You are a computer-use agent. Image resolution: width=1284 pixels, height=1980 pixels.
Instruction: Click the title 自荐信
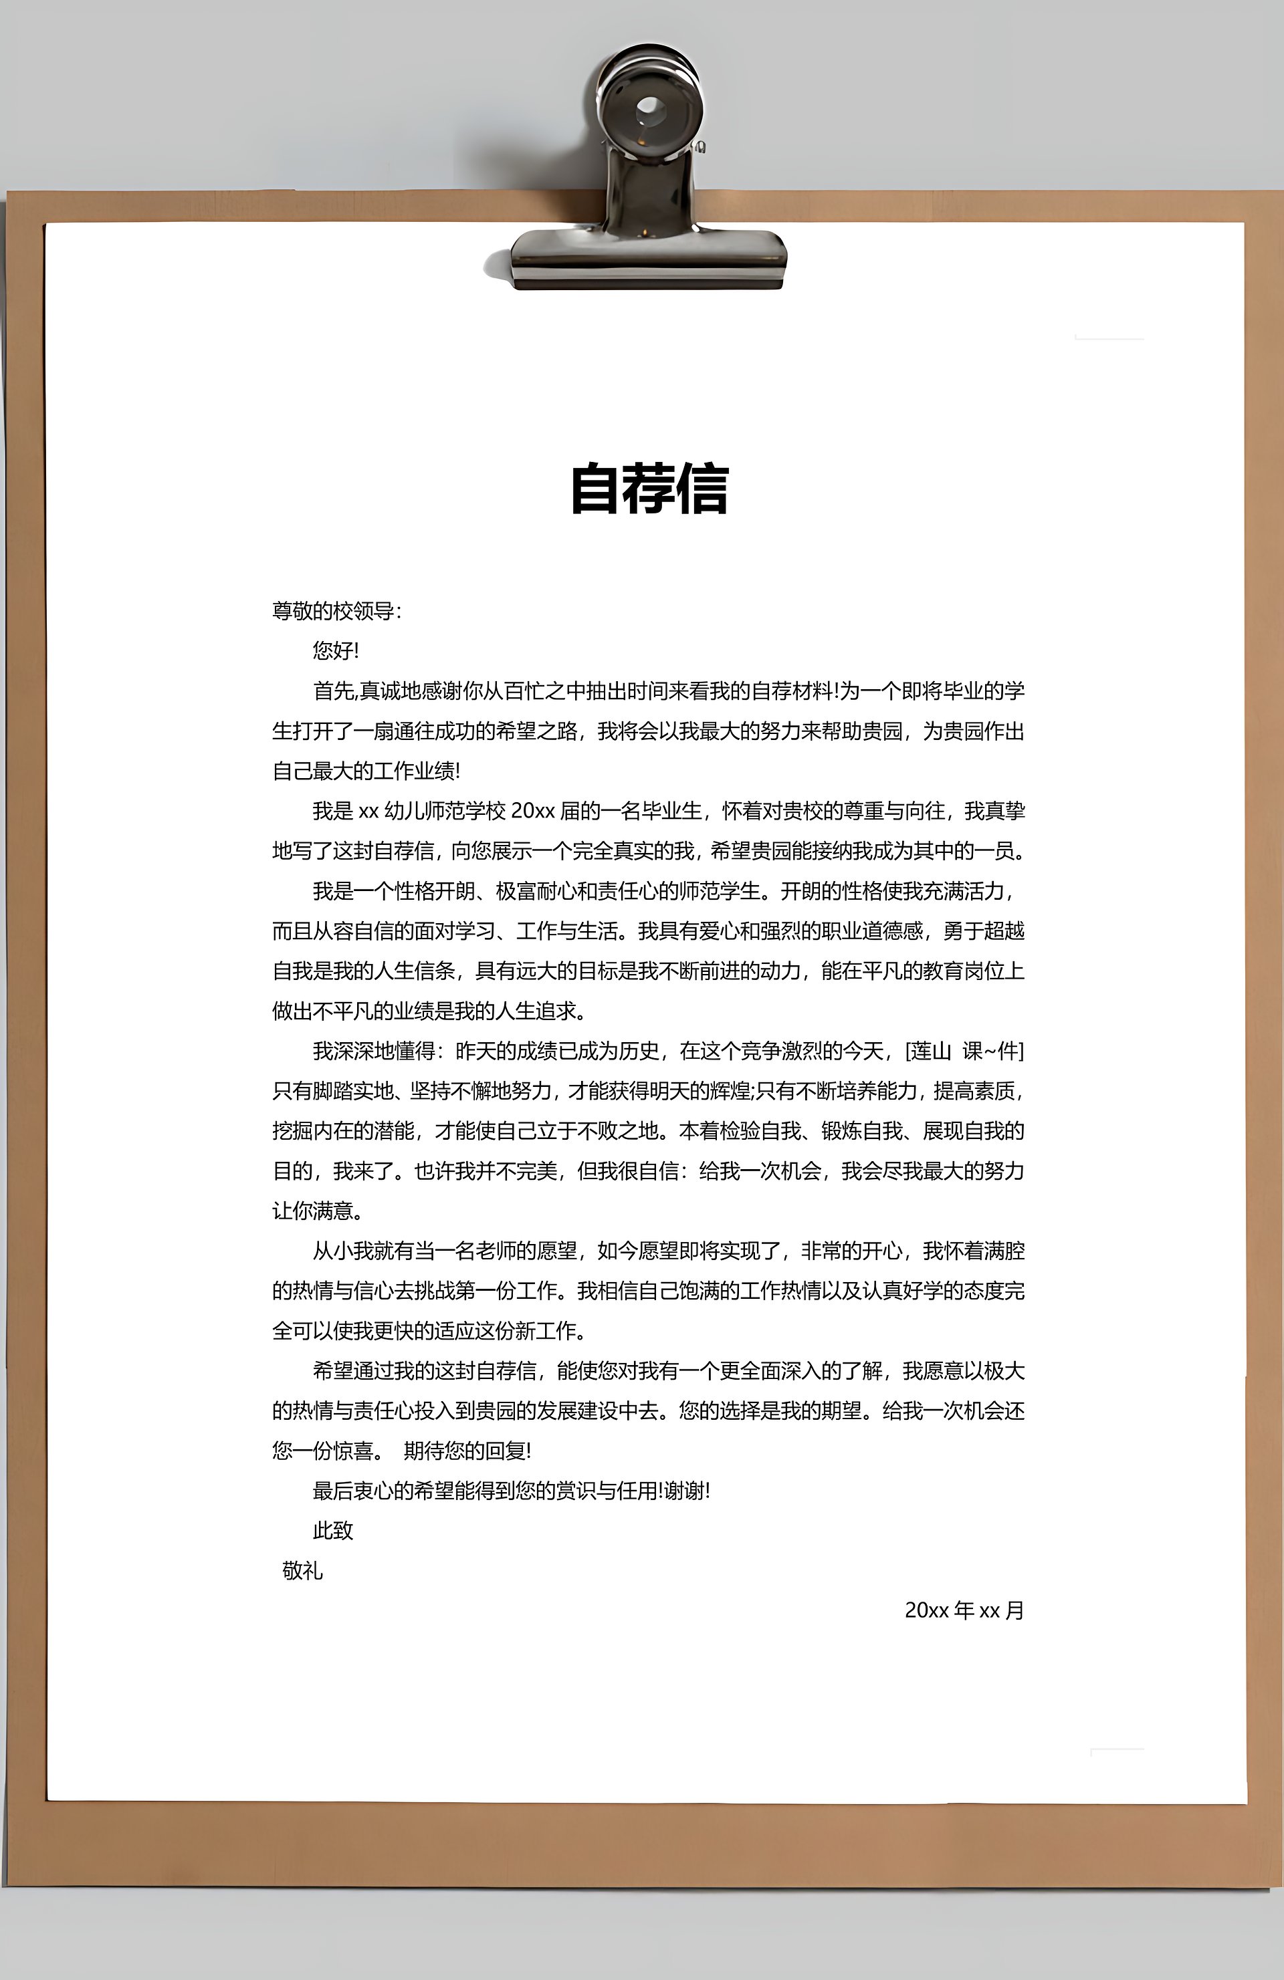pyautogui.click(x=649, y=489)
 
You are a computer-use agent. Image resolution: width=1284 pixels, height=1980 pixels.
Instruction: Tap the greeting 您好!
pyautogui.click(x=335, y=650)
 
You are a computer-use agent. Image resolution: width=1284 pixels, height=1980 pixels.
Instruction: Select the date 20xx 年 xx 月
pyautogui.click(x=964, y=1610)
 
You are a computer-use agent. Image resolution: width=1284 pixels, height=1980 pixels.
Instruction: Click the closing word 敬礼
pyautogui.click(x=302, y=1571)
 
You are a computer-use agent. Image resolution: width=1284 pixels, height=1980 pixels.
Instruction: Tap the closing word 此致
pyautogui.click(x=333, y=1531)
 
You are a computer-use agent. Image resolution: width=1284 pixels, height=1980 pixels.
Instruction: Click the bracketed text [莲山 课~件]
pyautogui.click(x=964, y=1051)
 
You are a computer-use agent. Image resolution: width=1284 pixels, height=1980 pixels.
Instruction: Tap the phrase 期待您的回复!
pyautogui.click(x=467, y=1451)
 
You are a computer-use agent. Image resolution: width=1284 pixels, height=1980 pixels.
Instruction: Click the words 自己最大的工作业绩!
pyautogui.click(x=366, y=771)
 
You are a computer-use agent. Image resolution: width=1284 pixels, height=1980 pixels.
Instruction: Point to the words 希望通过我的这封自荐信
pyautogui.click(x=425, y=1371)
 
